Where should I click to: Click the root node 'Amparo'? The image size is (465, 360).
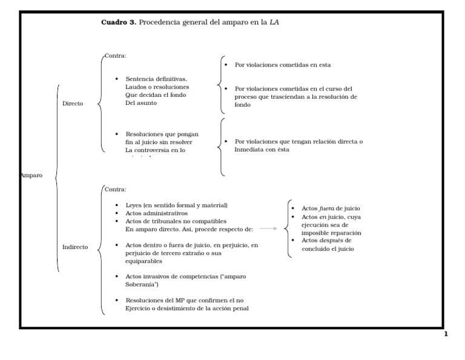[x=31, y=175]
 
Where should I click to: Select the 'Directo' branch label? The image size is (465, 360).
[x=73, y=104]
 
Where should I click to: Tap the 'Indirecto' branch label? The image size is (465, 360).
[x=75, y=247]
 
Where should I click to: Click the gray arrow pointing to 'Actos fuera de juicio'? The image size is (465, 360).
[x=268, y=228]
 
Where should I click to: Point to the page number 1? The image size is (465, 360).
[x=446, y=334]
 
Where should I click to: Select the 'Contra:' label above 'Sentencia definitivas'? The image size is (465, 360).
[x=115, y=56]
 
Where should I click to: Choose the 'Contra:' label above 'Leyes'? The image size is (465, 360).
[x=115, y=189]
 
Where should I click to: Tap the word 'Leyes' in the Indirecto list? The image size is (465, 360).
[x=134, y=205]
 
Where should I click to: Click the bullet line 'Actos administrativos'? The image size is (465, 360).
[x=157, y=213]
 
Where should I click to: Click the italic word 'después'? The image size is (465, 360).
[x=331, y=241]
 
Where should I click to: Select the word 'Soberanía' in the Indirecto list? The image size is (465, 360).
[x=141, y=284]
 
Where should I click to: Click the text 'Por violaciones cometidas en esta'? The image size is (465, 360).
[x=283, y=64]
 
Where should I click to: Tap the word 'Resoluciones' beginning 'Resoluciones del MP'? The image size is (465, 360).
[x=144, y=301]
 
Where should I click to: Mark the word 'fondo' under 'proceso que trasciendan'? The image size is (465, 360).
[x=242, y=105]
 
